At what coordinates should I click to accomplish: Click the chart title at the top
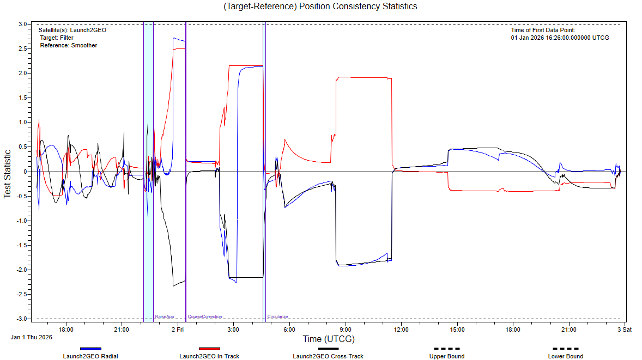[x=320, y=7]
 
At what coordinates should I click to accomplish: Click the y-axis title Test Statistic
[x=8, y=174]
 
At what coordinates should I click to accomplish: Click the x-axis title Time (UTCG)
[x=328, y=339]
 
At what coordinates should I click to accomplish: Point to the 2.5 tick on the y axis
[x=23, y=49]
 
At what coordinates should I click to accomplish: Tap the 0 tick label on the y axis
[x=26, y=172]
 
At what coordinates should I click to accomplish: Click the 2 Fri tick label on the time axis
[x=178, y=330]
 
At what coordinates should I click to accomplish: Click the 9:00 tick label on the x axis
[x=346, y=330]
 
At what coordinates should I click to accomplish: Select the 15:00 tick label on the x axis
[x=457, y=330]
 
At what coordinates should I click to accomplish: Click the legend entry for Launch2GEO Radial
[x=90, y=356]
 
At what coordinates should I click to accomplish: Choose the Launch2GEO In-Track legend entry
[x=209, y=356]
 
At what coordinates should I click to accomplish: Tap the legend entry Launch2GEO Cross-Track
[x=328, y=356]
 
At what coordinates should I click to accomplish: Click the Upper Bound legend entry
[x=447, y=356]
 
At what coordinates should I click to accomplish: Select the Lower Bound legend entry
[x=566, y=356]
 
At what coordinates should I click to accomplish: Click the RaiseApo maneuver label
[x=164, y=316]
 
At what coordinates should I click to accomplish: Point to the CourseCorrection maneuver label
[x=205, y=316]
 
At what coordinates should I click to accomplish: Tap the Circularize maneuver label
[x=277, y=316]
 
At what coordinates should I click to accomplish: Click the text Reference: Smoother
[x=69, y=46]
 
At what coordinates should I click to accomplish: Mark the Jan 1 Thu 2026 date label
[x=32, y=337]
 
